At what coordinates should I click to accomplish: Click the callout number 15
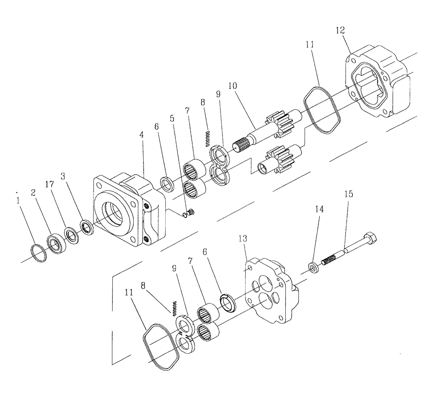[x=349, y=194]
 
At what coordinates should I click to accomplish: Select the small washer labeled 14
[x=312, y=266]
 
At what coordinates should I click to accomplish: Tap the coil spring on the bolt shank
[x=329, y=261]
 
